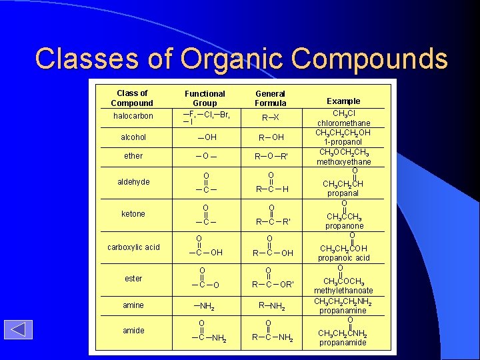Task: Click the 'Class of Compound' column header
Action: (x=132, y=98)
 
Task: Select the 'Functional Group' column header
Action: (x=205, y=99)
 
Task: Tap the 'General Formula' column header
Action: (x=270, y=99)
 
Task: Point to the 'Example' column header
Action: (x=343, y=101)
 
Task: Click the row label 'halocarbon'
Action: (x=133, y=116)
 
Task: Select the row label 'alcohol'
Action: (x=133, y=137)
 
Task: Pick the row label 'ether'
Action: (x=133, y=156)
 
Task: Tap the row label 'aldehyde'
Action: (x=133, y=182)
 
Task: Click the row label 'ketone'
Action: (x=133, y=214)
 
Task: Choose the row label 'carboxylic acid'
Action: (x=133, y=247)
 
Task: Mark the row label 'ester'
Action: (x=133, y=279)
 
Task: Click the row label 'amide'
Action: (x=133, y=331)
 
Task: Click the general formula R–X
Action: (x=270, y=117)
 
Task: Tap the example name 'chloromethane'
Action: (x=343, y=123)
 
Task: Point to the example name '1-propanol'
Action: (x=343, y=142)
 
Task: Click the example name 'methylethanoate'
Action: (x=343, y=291)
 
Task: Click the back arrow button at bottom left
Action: (x=18, y=330)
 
